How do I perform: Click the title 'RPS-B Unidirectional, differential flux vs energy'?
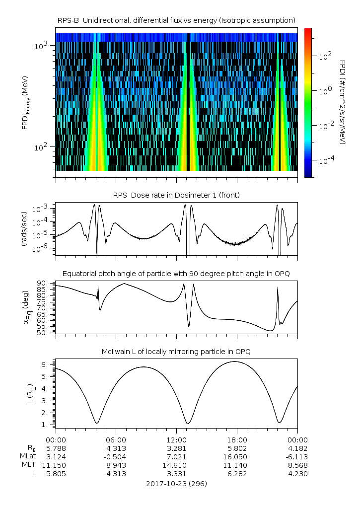click(177, 20)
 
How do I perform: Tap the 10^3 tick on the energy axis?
click(41, 46)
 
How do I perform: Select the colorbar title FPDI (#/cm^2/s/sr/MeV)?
click(343, 102)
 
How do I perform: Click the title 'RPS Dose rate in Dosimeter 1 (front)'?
click(177, 195)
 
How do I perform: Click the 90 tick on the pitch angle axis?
click(41, 283)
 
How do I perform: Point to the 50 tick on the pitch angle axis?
click(41, 333)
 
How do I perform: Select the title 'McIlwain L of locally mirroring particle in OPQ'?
click(177, 352)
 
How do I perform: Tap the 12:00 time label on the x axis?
click(177, 439)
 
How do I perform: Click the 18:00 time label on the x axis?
click(237, 439)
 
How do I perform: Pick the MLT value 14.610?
click(177, 465)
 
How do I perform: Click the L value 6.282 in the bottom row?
click(237, 474)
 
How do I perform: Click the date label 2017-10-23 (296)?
click(177, 483)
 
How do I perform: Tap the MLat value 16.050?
click(237, 456)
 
